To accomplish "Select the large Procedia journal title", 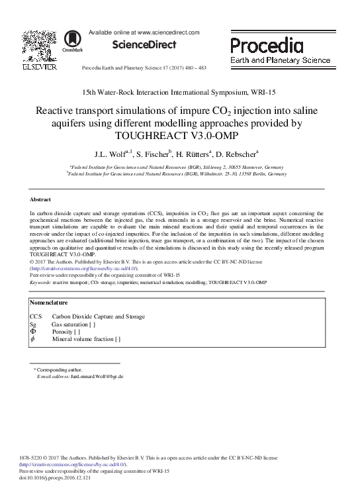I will pos(267,46).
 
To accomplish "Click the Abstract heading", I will pos(41,199).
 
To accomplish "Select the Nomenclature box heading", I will pos(52,303).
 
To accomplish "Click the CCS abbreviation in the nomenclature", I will pos(36,317).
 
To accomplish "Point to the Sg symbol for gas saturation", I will pos(34,324).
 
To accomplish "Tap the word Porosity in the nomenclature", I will pos(64,332).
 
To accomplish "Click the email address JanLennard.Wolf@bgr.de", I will pos(97,376).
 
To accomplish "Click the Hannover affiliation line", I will pos(177,168).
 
